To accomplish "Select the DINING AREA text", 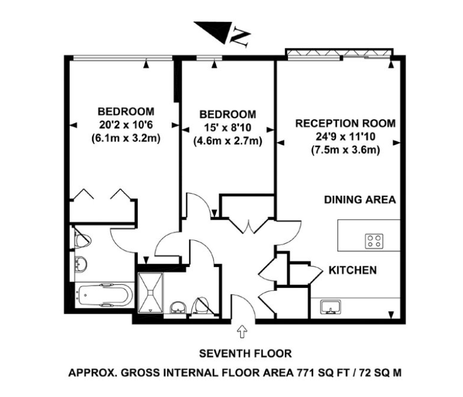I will (359, 200).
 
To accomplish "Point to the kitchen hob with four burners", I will (373, 240).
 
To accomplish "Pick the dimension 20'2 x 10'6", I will (126, 124).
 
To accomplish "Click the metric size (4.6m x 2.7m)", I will (227, 140).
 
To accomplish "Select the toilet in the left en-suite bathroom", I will (82, 237).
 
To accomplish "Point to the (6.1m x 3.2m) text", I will (126, 138).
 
